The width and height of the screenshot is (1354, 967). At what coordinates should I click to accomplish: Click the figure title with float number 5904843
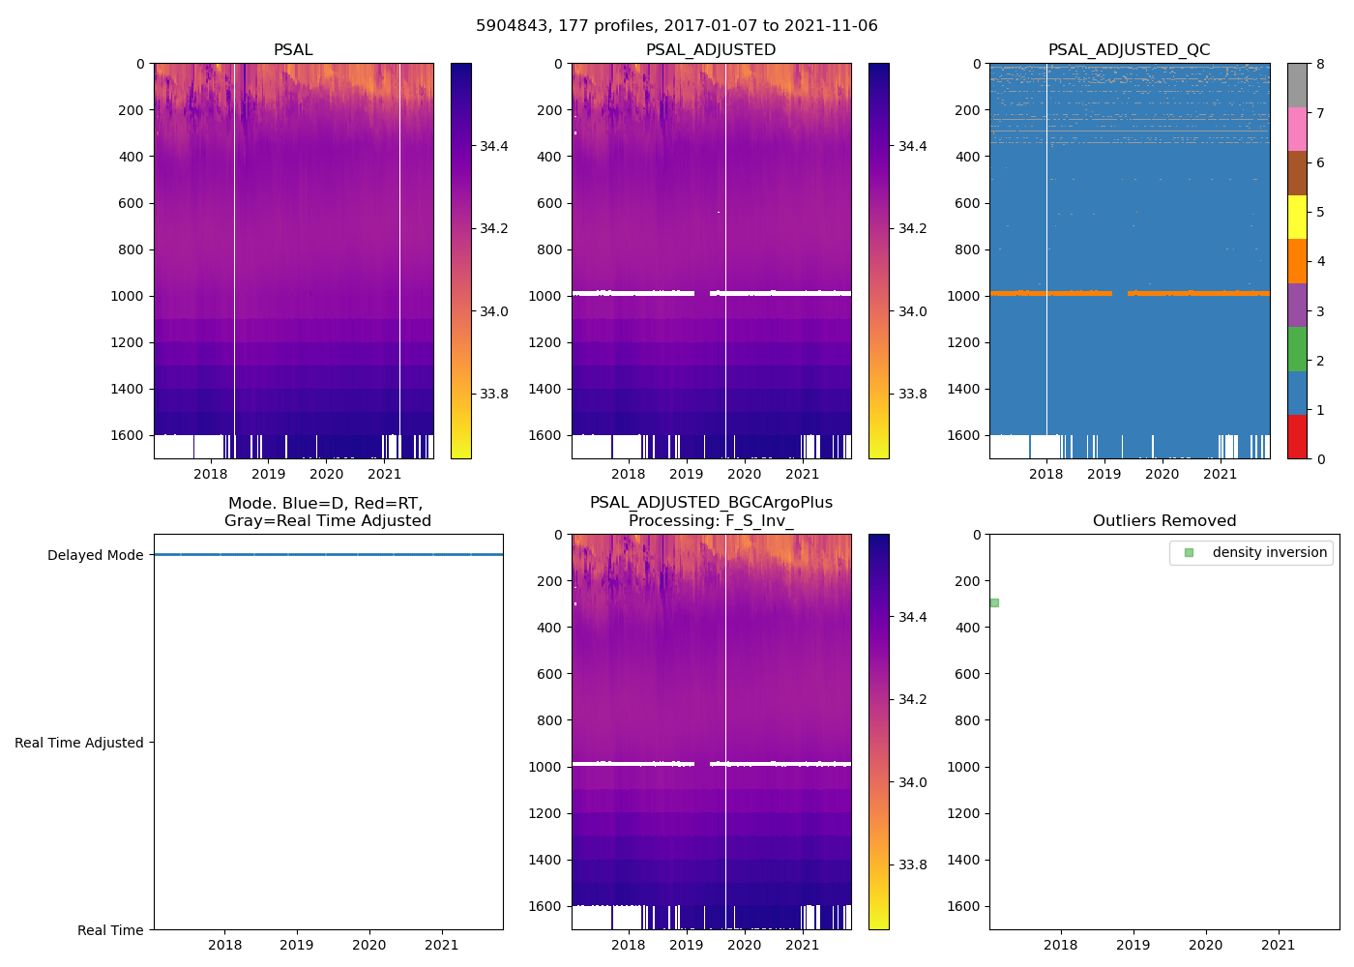pyautogui.click(x=676, y=26)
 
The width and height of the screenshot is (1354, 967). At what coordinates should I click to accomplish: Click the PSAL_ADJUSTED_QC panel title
pyautogui.click(x=1129, y=50)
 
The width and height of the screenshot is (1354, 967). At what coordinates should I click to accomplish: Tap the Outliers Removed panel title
pyautogui.click(x=1163, y=521)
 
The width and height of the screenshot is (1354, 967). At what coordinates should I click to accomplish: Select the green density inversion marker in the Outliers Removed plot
pyautogui.click(x=994, y=602)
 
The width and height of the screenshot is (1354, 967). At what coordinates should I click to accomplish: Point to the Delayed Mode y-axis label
pyautogui.click(x=95, y=555)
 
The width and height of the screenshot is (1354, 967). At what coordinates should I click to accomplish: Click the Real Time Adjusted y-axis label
pyautogui.click(x=79, y=743)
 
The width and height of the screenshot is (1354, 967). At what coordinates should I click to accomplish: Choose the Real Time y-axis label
pyautogui.click(x=110, y=930)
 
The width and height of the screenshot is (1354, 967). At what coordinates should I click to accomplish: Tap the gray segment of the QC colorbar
pyautogui.click(x=1297, y=85)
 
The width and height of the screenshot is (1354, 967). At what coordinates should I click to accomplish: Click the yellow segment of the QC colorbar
pyautogui.click(x=1297, y=217)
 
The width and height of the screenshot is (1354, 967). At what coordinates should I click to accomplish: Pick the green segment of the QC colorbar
pyautogui.click(x=1297, y=348)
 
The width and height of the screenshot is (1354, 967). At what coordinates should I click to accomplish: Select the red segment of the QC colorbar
pyautogui.click(x=1297, y=436)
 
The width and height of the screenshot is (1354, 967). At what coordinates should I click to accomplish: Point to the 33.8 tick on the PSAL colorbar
pyautogui.click(x=494, y=394)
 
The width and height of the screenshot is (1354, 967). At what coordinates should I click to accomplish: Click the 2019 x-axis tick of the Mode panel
pyautogui.click(x=297, y=945)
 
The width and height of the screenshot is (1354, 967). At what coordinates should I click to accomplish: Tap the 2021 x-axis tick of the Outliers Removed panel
pyautogui.click(x=1278, y=945)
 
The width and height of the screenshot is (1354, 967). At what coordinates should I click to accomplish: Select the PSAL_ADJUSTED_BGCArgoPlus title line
pyautogui.click(x=711, y=503)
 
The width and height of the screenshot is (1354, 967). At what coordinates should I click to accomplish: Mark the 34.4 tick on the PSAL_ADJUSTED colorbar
pyautogui.click(x=912, y=146)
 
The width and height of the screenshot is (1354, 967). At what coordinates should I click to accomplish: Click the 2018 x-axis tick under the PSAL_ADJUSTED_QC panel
pyautogui.click(x=1046, y=474)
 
